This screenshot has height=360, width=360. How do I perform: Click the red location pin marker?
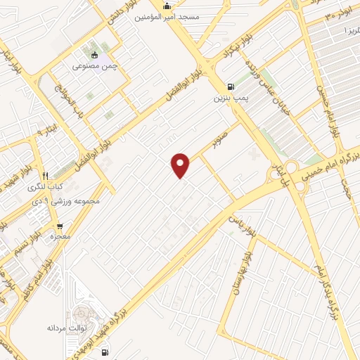pyautogui.click(x=181, y=165)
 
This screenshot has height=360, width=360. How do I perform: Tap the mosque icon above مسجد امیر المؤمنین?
pyautogui.click(x=167, y=6)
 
